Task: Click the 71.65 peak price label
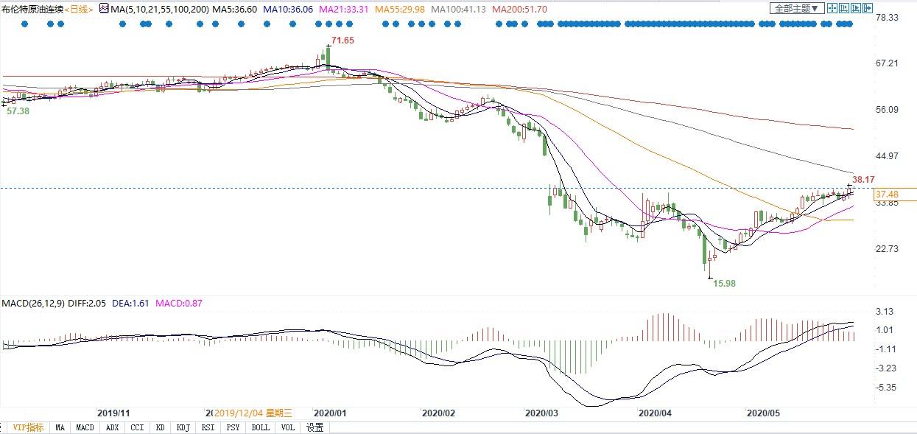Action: pos(343,41)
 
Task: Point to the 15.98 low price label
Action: pos(725,283)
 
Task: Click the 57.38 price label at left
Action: pos(18,111)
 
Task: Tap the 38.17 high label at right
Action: pos(863,179)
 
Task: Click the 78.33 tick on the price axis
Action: pos(886,17)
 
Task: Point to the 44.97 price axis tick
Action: pos(886,156)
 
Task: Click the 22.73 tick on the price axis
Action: pos(886,249)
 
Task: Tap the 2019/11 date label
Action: pos(113,413)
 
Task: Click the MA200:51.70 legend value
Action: pos(519,9)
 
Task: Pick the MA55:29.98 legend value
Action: pos(400,9)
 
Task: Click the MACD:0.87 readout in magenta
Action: pos(179,303)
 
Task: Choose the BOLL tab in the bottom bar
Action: pos(260,427)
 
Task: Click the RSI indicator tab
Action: pos(209,427)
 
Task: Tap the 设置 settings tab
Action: pos(315,427)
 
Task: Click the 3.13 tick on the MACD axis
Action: pos(884,312)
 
